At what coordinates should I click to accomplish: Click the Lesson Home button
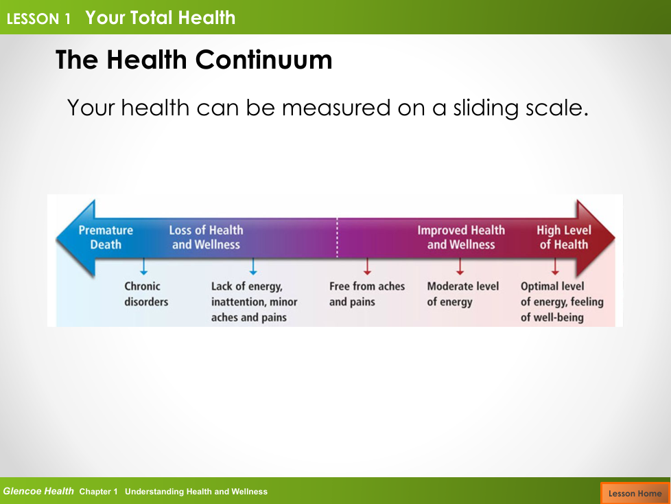coord(635,493)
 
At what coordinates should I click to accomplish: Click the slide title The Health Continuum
coord(194,60)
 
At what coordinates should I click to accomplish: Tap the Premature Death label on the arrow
coord(106,237)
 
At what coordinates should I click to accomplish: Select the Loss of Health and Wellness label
coord(206,237)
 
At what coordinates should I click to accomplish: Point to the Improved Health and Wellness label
coord(461,237)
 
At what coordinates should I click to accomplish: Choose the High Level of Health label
coord(564,237)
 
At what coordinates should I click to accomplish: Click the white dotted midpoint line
coord(337,238)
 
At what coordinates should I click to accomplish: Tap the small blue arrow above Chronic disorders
coord(144,266)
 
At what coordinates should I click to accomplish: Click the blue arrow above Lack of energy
coord(253,266)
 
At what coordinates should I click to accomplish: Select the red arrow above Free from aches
coord(367,266)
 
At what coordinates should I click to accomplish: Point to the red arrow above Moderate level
coord(460,266)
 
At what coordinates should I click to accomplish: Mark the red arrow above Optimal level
coord(555,266)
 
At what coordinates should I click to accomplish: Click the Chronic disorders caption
coord(146,294)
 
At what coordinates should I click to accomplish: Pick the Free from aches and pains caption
coord(367,294)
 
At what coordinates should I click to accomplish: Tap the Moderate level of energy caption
coord(463,294)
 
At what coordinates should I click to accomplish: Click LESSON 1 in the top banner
coord(38,19)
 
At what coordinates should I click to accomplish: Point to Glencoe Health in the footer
coord(38,491)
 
